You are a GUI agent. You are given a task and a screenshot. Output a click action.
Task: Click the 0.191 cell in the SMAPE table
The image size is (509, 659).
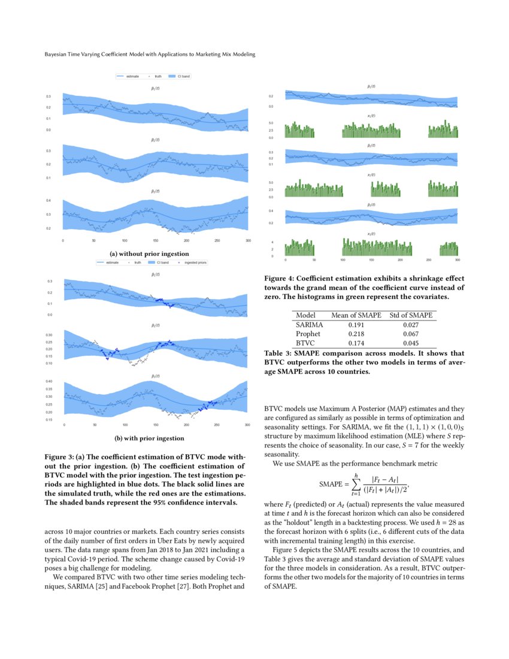[x=355, y=325]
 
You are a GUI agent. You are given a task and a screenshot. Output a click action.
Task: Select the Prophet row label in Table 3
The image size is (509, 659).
[x=308, y=334]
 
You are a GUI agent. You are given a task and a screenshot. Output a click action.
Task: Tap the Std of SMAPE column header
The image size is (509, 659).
[x=411, y=315]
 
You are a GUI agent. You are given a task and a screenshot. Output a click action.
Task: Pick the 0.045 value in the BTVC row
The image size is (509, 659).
[x=411, y=342]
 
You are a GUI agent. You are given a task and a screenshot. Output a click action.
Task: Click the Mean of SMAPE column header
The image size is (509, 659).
[x=355, y=315]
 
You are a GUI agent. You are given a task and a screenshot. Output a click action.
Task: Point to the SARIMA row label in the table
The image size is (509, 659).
[x=310, y=325]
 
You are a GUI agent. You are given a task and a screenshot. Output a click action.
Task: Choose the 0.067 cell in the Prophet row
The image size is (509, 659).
[x=411, y=334]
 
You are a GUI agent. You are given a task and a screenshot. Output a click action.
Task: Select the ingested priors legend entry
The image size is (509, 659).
[x=192, y=262]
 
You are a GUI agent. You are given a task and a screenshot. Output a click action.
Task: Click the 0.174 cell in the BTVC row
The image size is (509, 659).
[x=355, y=342]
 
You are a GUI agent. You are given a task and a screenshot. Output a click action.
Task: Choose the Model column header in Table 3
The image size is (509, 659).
[x=306, y=315]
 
